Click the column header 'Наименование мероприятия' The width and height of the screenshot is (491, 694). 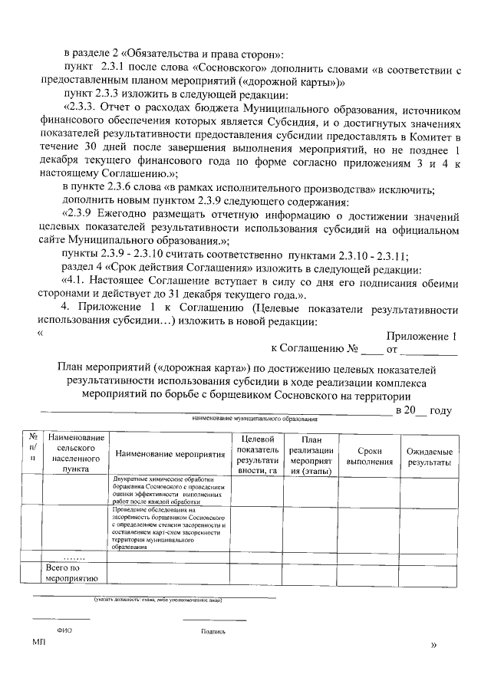(x=170, y=454)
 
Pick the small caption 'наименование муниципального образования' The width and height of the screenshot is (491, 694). (x=250, y=419)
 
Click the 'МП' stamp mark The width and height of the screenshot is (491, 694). (x=39, y=640)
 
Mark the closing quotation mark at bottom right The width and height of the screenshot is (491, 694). (x=434, y=646)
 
